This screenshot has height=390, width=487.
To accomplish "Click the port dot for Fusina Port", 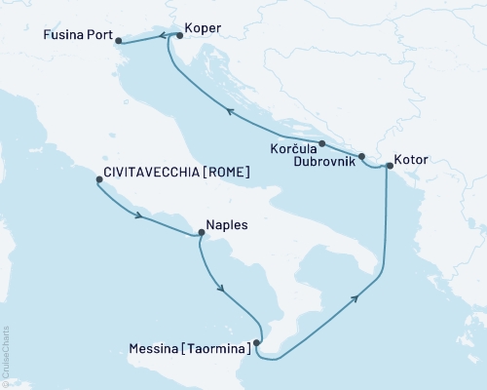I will click(x=117, y=41).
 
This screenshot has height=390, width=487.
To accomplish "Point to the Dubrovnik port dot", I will click(x=361, y=156).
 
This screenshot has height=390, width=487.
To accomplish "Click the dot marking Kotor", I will click(x=388, y=166).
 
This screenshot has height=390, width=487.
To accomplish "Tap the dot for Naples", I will click(x=200, y=232).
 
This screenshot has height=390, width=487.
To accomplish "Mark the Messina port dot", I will click(x=256, y=342).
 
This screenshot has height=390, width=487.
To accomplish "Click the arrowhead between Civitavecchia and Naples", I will click(x=142, y=215).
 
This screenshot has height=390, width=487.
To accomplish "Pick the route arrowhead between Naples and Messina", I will click(x=223, y=289).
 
